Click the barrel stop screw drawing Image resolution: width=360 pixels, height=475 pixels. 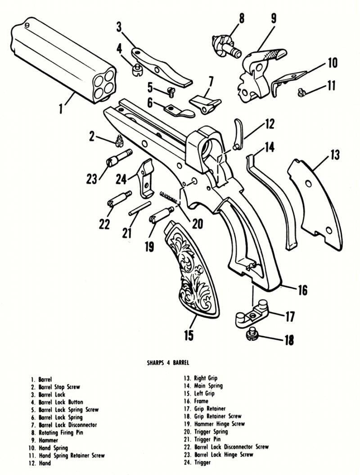pos(118,140)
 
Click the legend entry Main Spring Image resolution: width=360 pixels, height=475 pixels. pos(208,386)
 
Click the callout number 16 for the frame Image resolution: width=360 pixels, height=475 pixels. pos(302,290)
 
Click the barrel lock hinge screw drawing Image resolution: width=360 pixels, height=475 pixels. pos(119,158)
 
